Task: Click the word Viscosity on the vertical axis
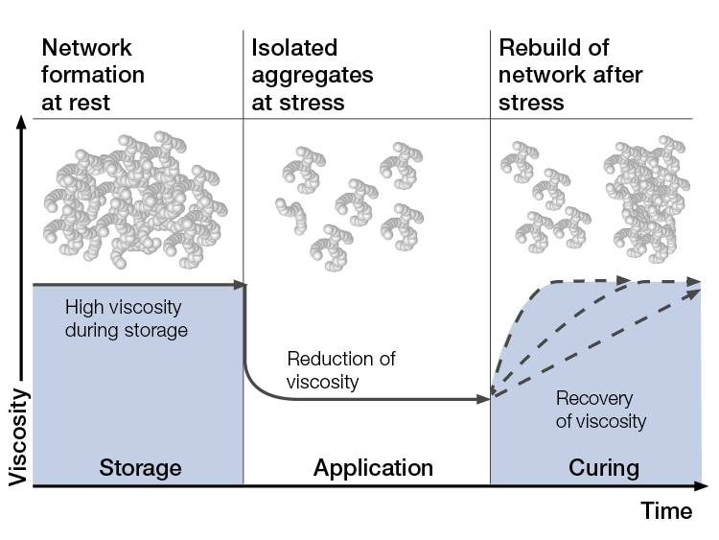point(18,435)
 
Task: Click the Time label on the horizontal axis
point(666,511)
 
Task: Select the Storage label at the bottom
point(140,468)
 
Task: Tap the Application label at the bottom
point(373,468)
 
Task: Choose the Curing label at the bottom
point(604,468)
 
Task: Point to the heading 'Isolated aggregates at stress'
point(313,74)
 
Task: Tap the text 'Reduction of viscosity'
point(340,370)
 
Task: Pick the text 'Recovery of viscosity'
point(600,410)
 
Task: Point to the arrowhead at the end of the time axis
point(706,487)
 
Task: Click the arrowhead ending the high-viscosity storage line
point(241,284)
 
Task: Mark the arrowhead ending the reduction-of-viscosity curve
point(483,397)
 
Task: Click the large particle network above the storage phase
point(133,201)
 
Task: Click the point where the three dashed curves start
point(492,394)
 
